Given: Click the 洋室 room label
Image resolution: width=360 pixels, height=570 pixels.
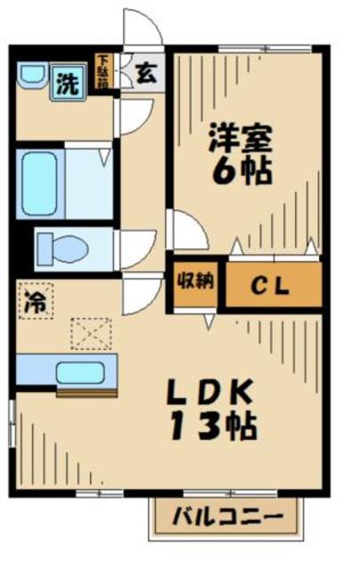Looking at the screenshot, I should (x=239, y=139).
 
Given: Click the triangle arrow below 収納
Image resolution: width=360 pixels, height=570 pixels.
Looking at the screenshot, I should (x=208, y=318).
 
